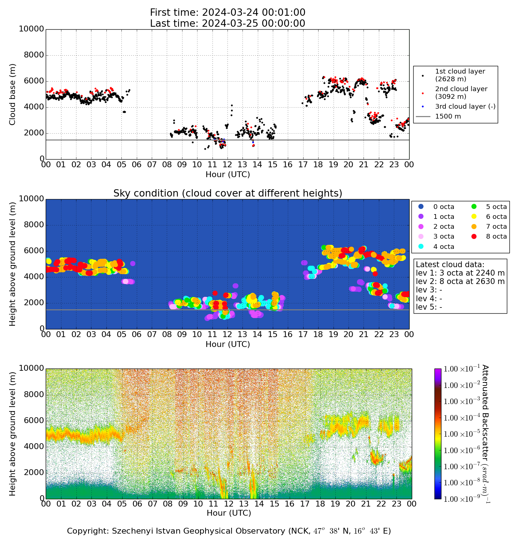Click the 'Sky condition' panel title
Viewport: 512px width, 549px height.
(x=227, y=193)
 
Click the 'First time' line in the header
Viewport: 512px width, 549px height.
(x=227, y=13)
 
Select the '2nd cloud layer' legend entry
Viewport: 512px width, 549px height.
(x=461, y=93)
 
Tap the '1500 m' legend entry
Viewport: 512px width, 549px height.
(x=448, y=117)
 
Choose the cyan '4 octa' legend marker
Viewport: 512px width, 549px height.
(x=421, y=247)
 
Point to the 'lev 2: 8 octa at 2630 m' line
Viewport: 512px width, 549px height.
(x=460, y=281)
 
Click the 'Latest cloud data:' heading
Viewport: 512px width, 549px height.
(x=450, y=265)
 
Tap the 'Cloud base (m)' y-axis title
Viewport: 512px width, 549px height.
(x=13, y=94)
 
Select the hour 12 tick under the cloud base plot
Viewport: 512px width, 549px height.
(x=227, y=165)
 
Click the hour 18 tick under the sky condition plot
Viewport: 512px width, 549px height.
(x=318, y=334)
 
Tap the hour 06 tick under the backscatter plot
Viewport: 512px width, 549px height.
(x=137, y=504)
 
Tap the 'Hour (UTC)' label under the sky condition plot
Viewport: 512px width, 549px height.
(x=227, y=344)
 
